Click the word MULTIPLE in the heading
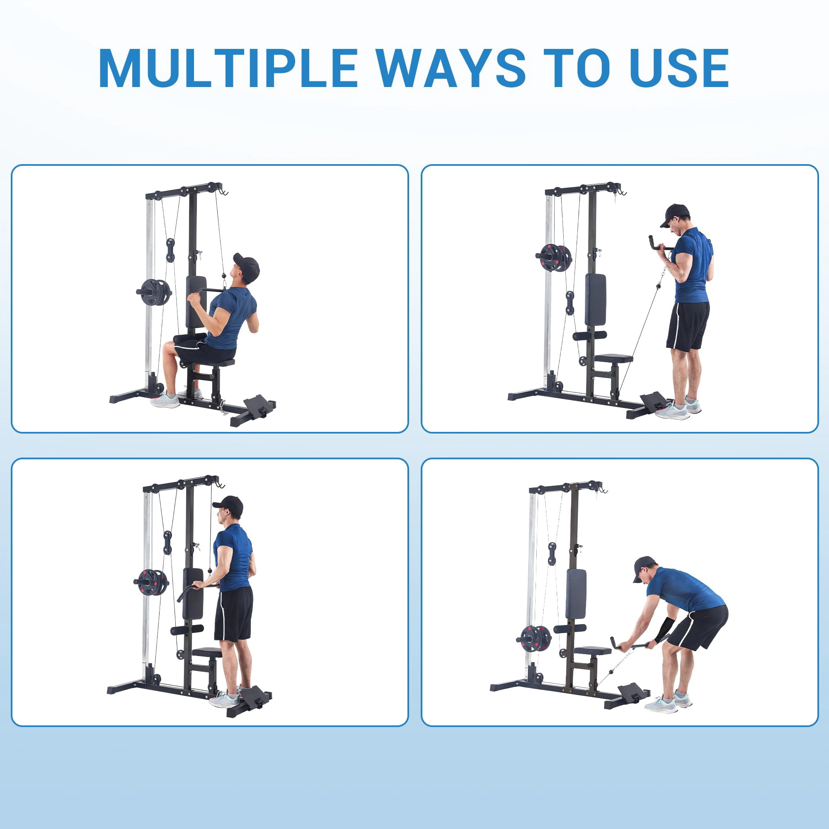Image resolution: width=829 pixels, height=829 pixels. tap(228, 69)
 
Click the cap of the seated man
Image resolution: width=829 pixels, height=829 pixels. tap(248, 267)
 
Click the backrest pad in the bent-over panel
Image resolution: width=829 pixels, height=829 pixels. tap(576, 594)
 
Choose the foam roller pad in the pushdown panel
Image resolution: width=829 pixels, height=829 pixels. tap(187, 630)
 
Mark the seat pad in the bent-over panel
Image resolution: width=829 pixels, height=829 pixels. tap(592, 651)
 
